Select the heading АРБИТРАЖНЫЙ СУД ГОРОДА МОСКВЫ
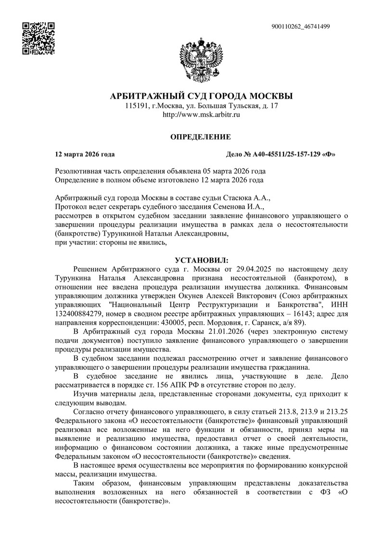201,96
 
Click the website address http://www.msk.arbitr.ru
201,115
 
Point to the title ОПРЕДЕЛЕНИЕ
201,137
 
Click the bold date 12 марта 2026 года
85,154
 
